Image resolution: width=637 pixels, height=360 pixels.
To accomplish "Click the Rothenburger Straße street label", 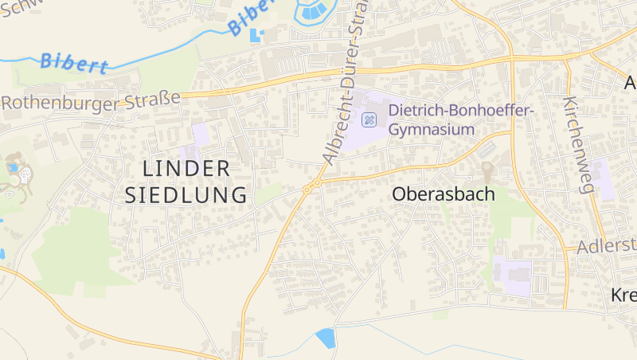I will (x=91, y=101).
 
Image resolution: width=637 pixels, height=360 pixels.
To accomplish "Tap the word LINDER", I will (x=187, y=168).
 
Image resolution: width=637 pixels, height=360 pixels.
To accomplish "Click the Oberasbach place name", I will (x=444, y=194).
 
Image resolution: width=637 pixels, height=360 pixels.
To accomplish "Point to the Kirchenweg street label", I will (x=579, y=146).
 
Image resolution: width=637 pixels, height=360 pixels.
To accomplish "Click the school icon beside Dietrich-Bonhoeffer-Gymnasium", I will (x=369, y=120).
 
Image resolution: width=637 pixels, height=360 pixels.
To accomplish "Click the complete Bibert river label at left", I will (x=73, y=63).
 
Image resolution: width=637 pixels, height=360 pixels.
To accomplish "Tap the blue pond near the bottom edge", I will (x=326, y=338).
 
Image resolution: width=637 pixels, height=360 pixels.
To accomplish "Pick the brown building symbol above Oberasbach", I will (x=487, y=170).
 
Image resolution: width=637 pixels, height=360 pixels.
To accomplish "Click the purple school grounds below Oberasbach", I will (x=512, y=276).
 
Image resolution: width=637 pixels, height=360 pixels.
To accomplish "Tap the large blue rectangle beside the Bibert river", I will (x=256, y=36).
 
